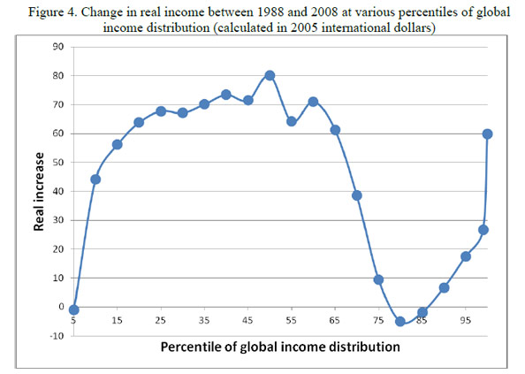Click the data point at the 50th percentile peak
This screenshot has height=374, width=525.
coord(270,76)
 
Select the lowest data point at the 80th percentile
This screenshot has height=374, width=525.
coord(400,322)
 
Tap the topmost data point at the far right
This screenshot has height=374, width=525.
coord(487,134)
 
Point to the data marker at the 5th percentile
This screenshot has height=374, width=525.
coord(74,309)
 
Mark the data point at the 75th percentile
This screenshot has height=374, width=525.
coord(378,279)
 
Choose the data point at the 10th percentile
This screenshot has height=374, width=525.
coord(95,179)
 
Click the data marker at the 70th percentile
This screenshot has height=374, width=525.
coord(357,195)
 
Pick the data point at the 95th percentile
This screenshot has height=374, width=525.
coord(466,256)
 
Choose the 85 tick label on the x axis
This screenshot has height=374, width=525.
coord(422,321)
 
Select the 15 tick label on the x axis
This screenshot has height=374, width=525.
coord(118,321)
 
